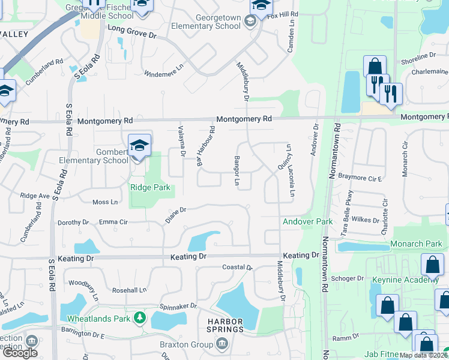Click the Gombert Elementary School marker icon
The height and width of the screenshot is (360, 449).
pyautogui.click(x=139, y=146)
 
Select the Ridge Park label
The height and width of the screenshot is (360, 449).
pyautogui.click(x=150, y=188)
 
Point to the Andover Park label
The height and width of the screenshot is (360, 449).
pyautogui.click(x=307, y=222)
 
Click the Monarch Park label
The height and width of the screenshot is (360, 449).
pyautogui.click(x=416, y=244)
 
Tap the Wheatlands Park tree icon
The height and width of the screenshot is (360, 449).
pyautogui.click(x=140, y=316)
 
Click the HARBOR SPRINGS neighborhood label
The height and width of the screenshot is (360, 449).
pyautogui.click(x=226, y=325)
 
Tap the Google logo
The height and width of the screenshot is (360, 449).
pyautogui.click(x=20, y=353)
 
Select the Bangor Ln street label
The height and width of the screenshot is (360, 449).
pyautogui.click(x=238, y=172)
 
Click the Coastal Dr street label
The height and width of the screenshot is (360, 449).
pyautogui.click(x=237, y=267)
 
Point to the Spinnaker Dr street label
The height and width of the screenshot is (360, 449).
pyautogui.click(x=178, y=306)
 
